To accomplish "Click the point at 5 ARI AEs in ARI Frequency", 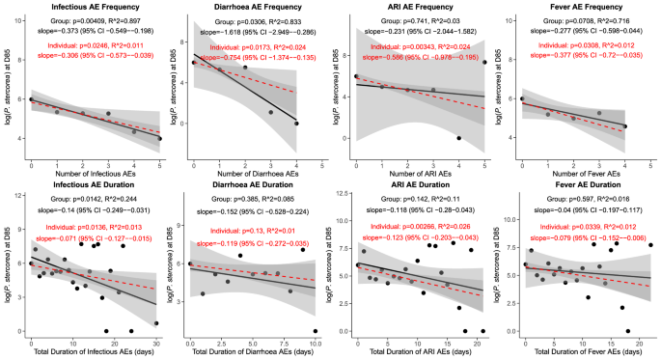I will click(x=484, y=62).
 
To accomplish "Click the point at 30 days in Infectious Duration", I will click(x=155, y=324).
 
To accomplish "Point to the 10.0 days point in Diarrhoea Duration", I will click(x=316, y=331).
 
